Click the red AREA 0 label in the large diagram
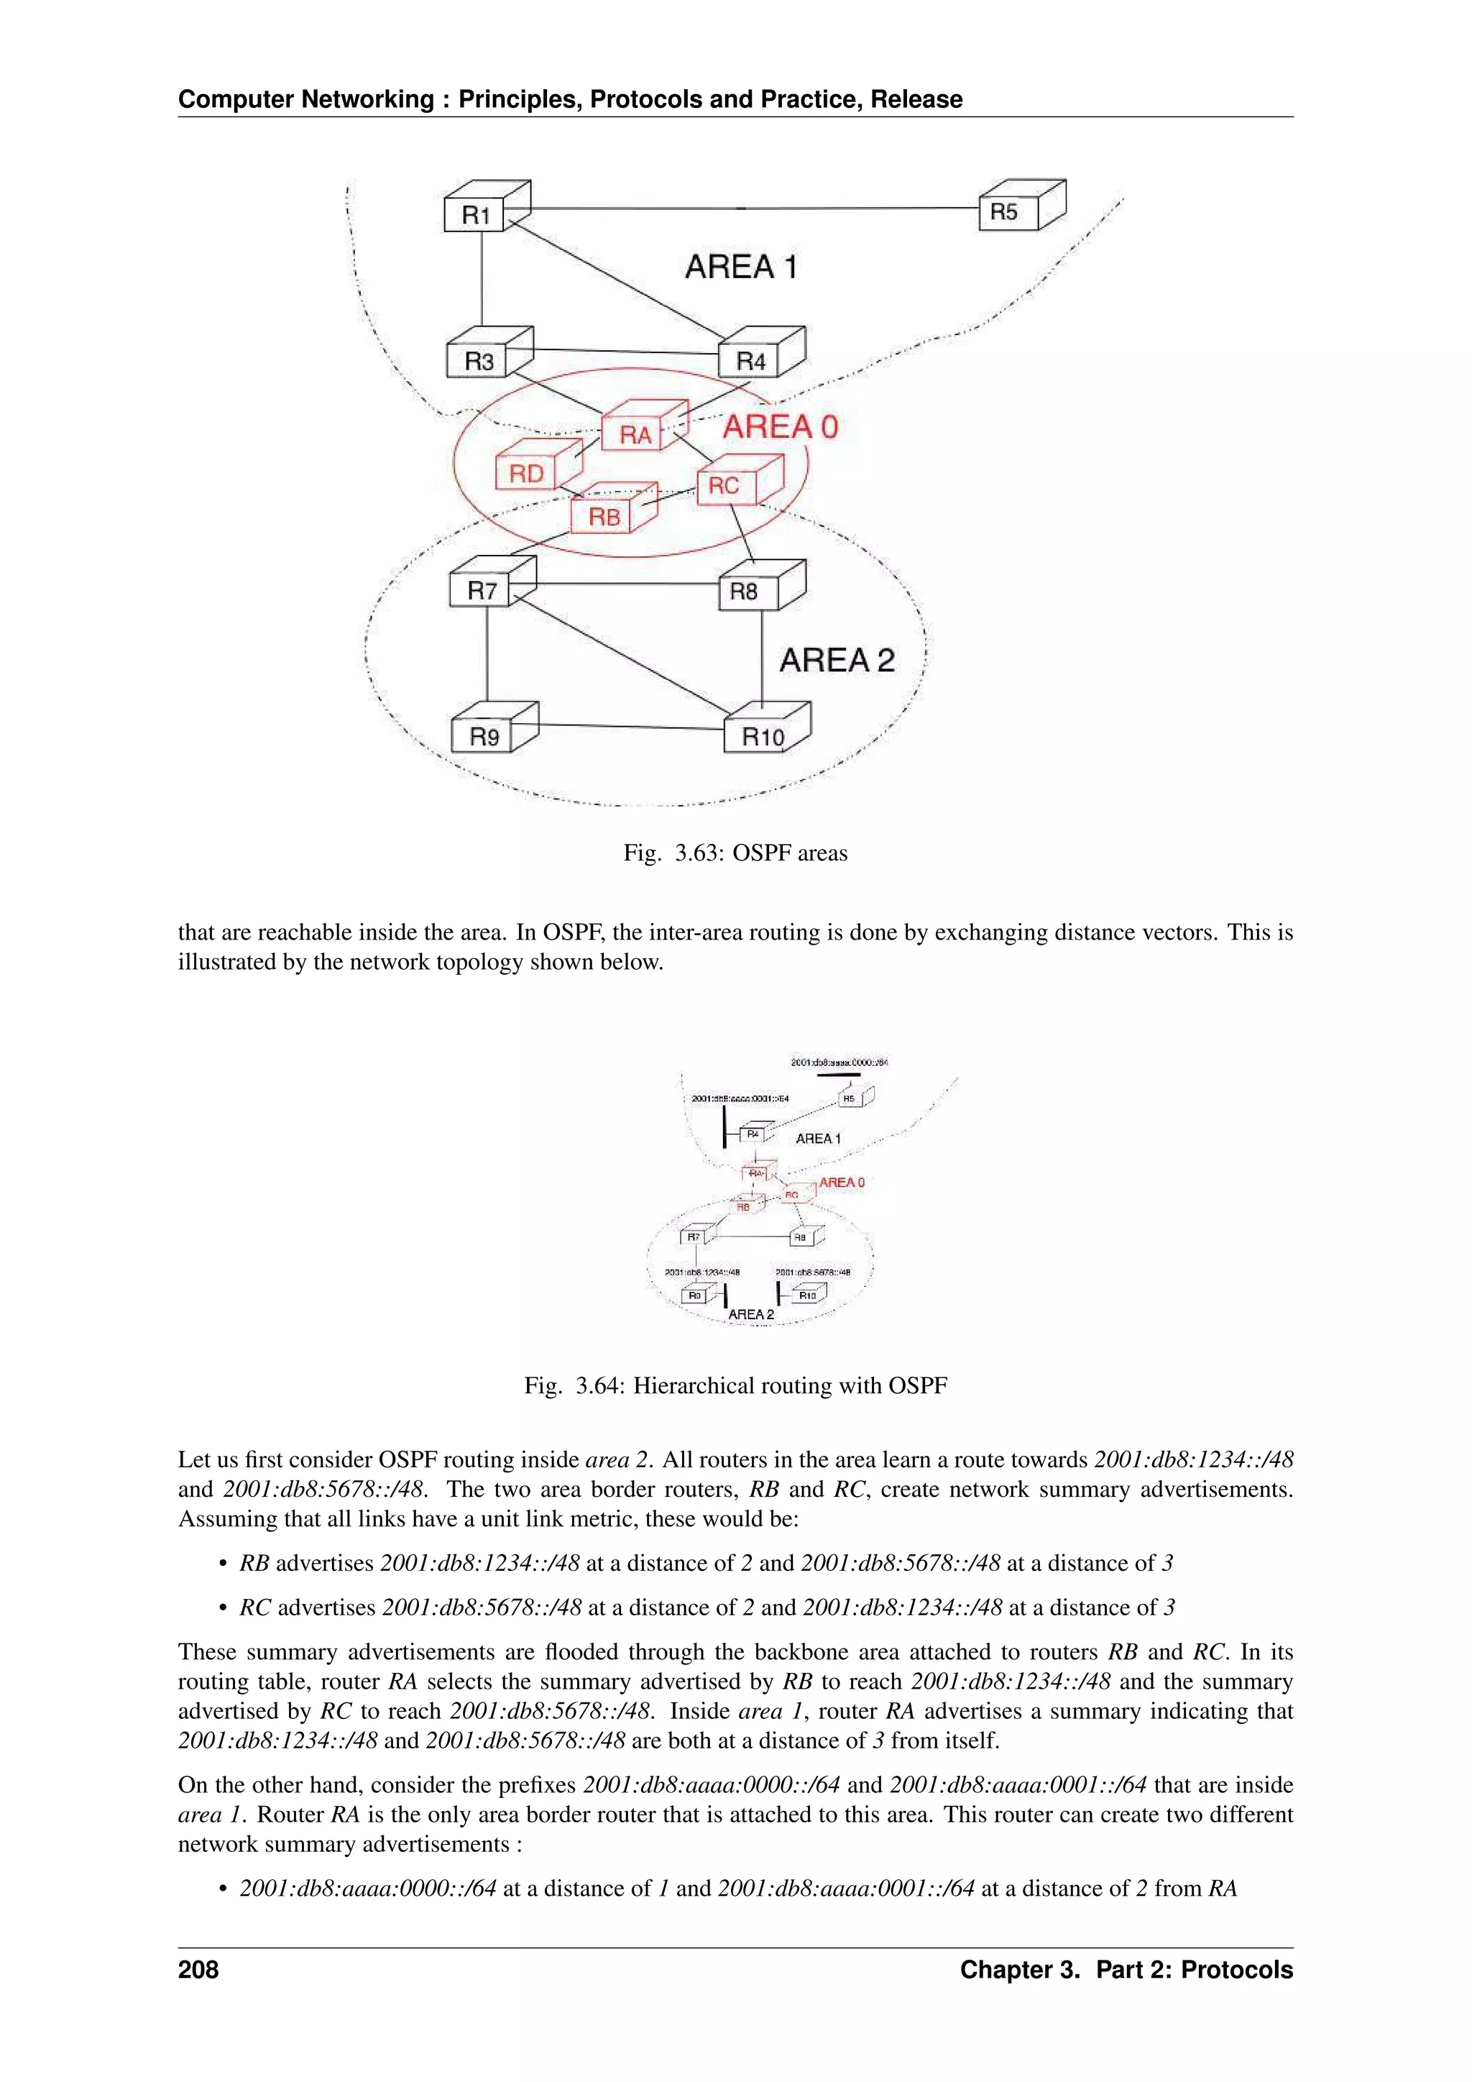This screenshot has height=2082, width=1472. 780,426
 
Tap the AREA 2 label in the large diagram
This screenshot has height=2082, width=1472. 836,659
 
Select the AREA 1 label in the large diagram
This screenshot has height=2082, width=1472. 740,267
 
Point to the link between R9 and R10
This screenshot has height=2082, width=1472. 631,725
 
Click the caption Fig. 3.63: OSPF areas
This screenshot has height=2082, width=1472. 735,853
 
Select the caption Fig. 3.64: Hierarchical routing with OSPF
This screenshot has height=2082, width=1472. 735,1385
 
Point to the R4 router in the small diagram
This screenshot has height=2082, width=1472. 753,1134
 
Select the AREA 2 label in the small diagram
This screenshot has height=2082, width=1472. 750,1314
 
